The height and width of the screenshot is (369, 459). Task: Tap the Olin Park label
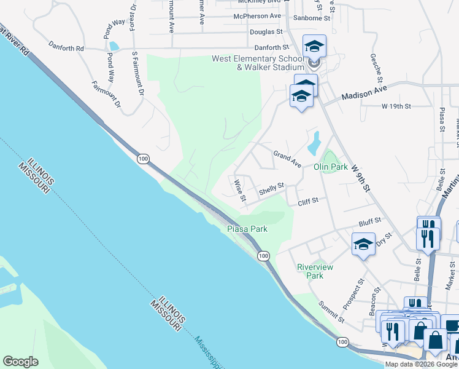[331, 167]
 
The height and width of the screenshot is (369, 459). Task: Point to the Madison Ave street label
[364, 96]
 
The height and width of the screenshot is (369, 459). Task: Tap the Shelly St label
[272, 189]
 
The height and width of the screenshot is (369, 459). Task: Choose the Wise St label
[239, 190]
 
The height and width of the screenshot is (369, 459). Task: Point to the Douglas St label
[266, 31]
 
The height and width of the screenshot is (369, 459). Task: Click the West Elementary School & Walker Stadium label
[258, 63]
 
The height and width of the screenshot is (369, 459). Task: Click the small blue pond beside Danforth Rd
[114, 46]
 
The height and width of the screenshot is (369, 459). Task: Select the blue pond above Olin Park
[314, 143]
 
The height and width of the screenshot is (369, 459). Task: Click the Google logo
[21, 362]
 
